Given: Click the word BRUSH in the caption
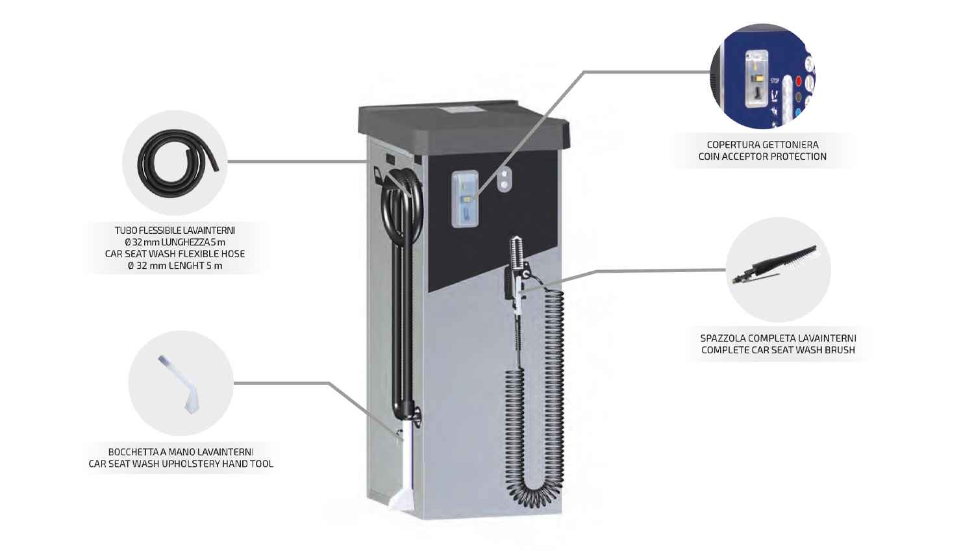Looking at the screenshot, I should click(x=840, y=350).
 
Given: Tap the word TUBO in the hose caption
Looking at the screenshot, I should click(x=125, y=231).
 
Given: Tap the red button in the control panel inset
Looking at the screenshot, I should click(x=799, y=82).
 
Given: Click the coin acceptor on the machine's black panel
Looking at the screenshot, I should click(x=465, y=198).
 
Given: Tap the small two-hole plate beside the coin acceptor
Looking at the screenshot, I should click(x=504, y=181).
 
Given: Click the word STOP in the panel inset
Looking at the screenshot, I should click(x=775, y=81).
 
